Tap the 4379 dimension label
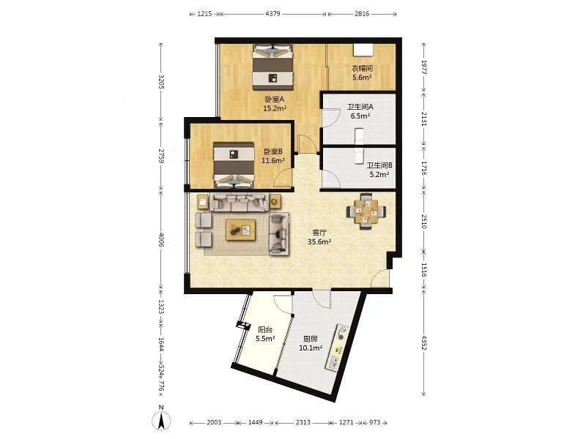point(272,14)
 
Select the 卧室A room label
point(274,100)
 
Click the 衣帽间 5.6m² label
point(362,72)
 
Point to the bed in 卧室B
point(234,165)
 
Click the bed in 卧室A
point(272,67)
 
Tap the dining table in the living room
point(366,211)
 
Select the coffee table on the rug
point(241,230)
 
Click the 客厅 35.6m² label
point(319,237)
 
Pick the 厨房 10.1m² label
point(311,343)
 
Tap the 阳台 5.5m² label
point(265,334)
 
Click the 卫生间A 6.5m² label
point(360,111)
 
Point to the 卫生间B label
point(379,165)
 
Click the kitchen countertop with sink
point(337,347)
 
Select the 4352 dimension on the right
point(423,342)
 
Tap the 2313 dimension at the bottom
point(303,422)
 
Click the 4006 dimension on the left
point(161,240)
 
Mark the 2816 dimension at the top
point(362,14)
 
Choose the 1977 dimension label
point(423,67)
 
